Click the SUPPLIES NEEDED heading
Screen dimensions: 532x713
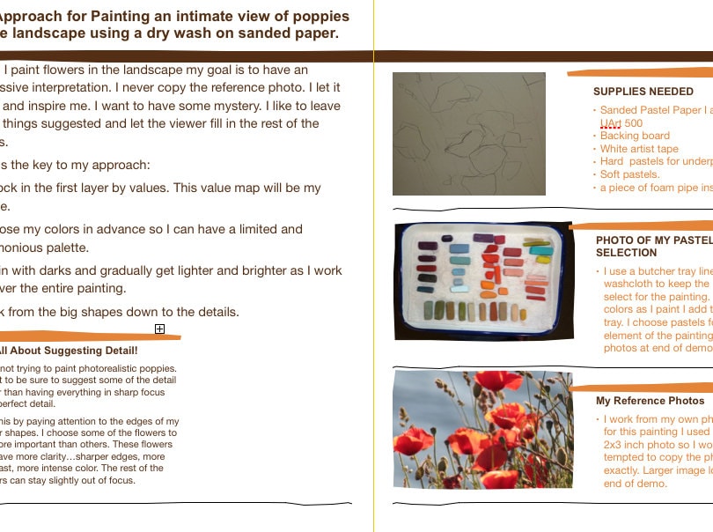pyautogui.click(x=643, y=92)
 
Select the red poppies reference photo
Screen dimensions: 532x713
pyautogui.click(x=482, y=430)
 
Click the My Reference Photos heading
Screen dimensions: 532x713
pyautogui.click(x=650, y=401)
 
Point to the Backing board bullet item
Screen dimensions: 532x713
pyautogui.click(x=635, y=137)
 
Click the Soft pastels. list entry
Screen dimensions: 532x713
pyautogui.click(x=629, y=175)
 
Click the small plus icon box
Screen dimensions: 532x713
pyautogui.click(x=159, y=329)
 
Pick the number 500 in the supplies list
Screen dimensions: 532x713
pyautogui.click(x=633, y=123)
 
